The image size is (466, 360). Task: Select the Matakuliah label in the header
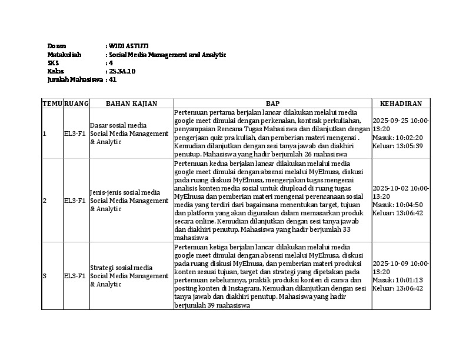(64, 55)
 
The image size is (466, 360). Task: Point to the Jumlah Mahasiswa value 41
(112, 79)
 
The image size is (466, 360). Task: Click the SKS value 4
(110, 63)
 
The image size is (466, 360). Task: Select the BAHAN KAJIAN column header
(131, 104)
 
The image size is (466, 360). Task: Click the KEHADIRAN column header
(401, 104)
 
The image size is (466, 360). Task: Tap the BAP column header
(272, 104)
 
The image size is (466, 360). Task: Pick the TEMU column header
(52, 104)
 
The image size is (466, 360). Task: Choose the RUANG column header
(76, 104)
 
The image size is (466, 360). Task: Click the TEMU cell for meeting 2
(44, 201)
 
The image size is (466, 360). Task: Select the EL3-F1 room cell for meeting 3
(75, 276)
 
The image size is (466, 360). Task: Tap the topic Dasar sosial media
(118, 125)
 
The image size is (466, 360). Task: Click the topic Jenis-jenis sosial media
(125, 192)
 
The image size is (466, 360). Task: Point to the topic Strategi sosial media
(121, 268)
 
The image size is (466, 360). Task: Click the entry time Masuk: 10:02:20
(397, 138)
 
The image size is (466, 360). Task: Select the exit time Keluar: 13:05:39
(398, 146)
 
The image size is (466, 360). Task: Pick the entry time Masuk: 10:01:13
(397, 280)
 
